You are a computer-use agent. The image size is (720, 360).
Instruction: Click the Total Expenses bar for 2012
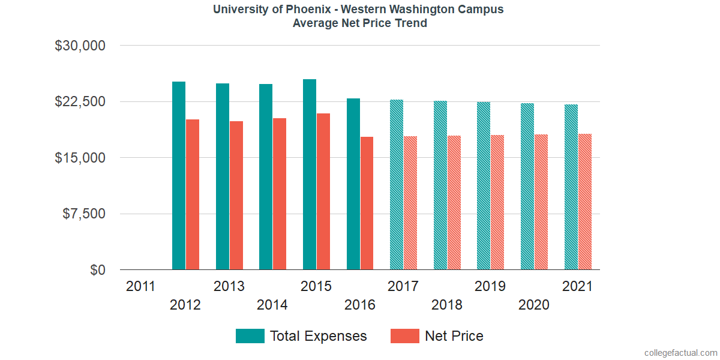point(179,176)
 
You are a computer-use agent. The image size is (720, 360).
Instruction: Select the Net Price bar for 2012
point(193,194)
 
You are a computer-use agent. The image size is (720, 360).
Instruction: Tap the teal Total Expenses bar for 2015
point(310,175)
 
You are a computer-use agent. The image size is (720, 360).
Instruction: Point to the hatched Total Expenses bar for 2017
point(397,185)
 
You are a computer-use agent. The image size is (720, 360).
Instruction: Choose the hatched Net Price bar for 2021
point(585,202)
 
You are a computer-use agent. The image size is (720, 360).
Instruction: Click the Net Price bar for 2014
point(280,194)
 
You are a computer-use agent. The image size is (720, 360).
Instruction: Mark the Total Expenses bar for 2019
point(484,186)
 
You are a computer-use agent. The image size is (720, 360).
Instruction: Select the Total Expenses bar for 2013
point(223,176)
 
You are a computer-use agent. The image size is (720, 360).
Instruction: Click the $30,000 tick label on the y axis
point(80,46)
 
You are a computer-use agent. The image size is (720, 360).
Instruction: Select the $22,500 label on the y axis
point(80,101)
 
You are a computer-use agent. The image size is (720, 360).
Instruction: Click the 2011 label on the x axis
point(141,286)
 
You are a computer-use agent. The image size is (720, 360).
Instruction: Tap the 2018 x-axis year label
point(446,305)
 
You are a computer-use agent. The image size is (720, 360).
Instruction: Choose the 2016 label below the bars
point(359,305)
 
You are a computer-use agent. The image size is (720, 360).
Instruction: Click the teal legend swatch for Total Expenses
point(250,336)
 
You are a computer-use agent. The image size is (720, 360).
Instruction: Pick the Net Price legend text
point(454,336)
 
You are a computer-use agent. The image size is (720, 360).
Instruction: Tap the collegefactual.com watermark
point(680,352)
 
